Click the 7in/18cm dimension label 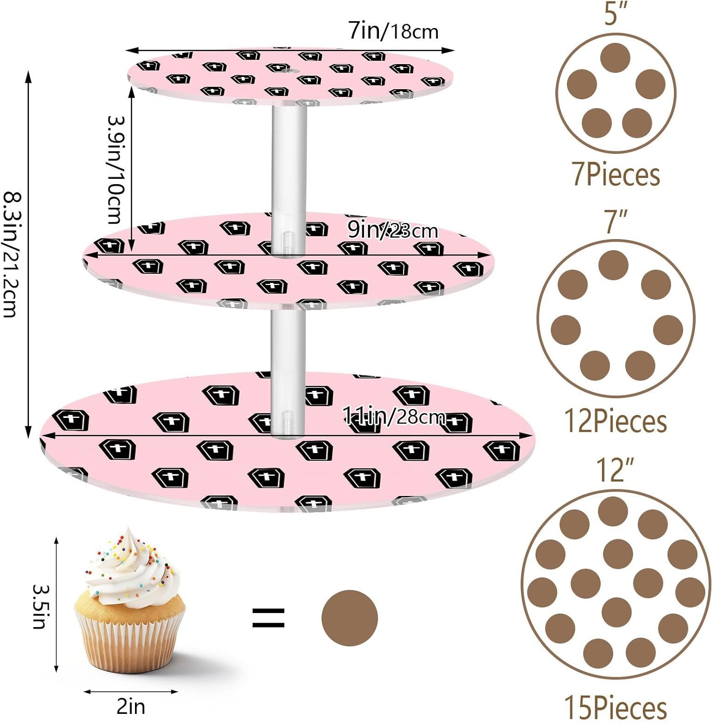point(393,31)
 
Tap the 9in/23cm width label point(393,231)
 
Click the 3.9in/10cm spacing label point(115,170)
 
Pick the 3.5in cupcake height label point(39,606)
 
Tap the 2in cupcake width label point(131,707)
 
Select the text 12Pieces point(616,421)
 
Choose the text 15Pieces point(616,708)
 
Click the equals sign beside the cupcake point(269,618)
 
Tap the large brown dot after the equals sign point(350,618)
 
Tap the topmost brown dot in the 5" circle point(616,58)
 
